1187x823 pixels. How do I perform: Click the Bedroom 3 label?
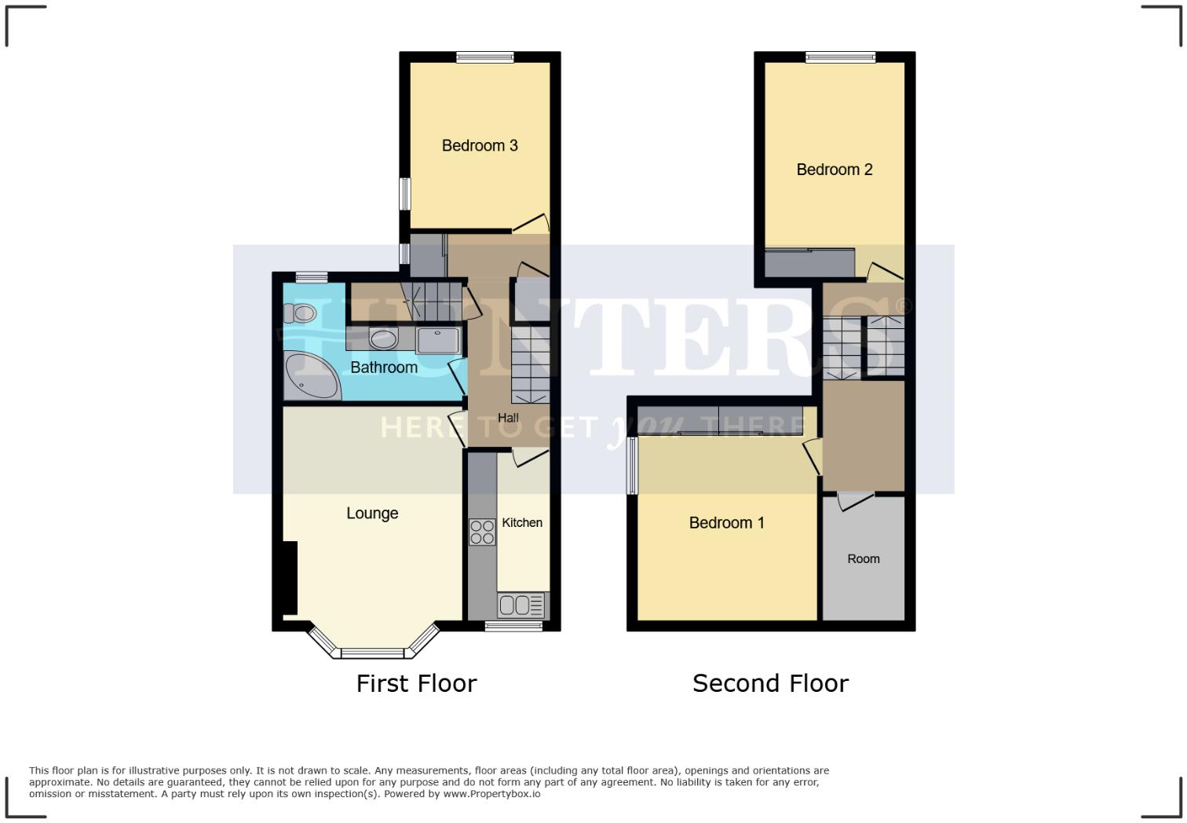coord(480,145)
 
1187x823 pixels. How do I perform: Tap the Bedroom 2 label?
coord(834,170)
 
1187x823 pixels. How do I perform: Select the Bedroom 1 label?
coord(726,523)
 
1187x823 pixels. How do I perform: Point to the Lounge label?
coord(372,514)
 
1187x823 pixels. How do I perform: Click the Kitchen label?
coord(522,523)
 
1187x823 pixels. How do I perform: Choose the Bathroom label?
coord(383,368)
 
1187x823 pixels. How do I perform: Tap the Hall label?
coord(508,418)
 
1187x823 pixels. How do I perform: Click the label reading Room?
coord(863,559)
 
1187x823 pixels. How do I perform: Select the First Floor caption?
coord(416,683)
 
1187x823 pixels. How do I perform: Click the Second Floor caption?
coord(770,683)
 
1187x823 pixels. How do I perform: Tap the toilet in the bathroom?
coord(301,314)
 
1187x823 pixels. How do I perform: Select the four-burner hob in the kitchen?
coord(482,532)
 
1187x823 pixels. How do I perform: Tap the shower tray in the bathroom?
coord(440,341)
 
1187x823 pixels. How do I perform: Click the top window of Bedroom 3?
coord(485,57)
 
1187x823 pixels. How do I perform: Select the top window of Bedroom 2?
coord(840,57)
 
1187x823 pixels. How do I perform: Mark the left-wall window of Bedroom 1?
coord(631,466)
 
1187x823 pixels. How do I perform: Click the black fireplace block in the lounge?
coord(290,578)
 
